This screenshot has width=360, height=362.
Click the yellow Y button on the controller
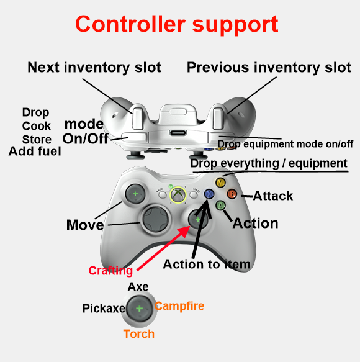point(220,183)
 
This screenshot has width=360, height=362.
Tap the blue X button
point(209,194)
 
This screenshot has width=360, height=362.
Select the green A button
point(221,205)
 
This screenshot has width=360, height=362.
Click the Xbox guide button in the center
point(178,194)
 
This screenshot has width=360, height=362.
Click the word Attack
point(273,196)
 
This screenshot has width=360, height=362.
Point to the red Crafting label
point(110,271)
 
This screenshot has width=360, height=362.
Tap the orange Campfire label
point(179,306)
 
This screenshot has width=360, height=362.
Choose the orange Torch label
point(139,334)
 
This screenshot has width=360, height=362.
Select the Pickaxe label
point(104,309)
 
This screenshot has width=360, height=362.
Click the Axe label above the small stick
point(138,287)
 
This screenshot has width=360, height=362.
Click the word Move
point(85,225)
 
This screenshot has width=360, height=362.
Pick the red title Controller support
point(177,24)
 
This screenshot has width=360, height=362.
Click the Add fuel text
point(35,152)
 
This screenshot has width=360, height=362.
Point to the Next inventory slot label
point(94,68)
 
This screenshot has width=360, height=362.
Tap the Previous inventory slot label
point(269,68)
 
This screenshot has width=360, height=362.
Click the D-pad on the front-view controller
point(156,219)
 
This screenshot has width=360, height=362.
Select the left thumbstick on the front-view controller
point(135,194)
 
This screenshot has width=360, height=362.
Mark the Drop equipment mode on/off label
point(286,144)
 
